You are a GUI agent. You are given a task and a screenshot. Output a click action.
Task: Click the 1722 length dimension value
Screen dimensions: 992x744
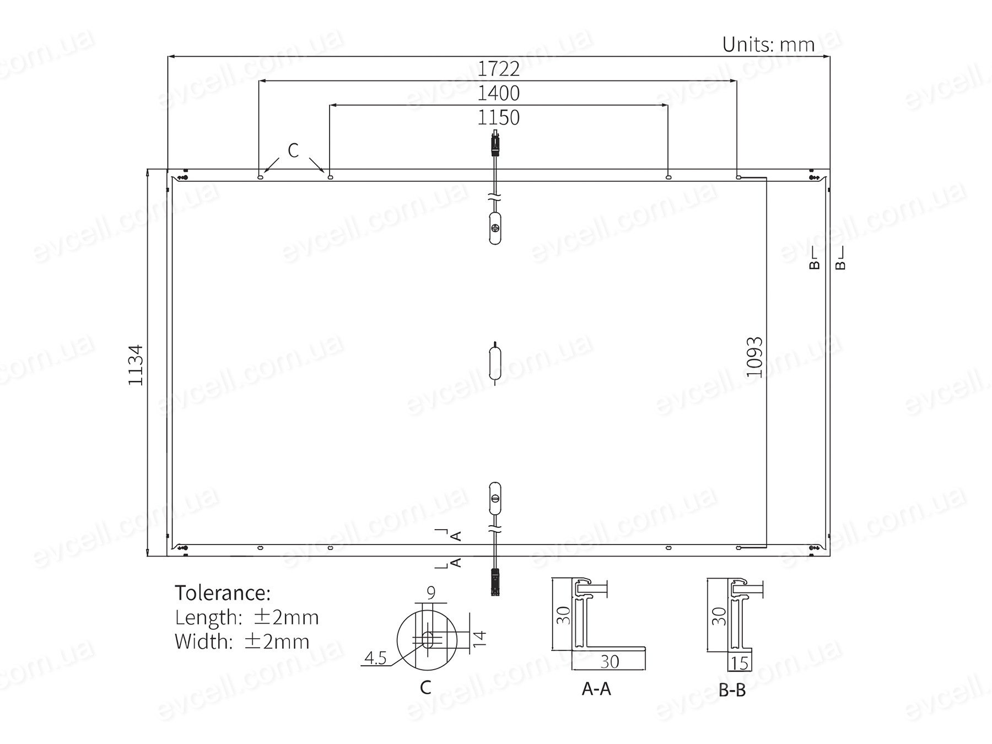[498, 69]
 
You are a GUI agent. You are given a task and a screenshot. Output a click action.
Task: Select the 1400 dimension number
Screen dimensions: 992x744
[498, 93]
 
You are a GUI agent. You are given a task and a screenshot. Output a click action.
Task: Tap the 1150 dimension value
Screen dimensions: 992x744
[498, 117]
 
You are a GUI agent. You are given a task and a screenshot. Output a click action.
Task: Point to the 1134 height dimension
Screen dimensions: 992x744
[136, 365]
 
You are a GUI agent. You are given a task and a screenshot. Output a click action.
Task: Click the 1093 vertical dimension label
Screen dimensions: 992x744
[754, 357]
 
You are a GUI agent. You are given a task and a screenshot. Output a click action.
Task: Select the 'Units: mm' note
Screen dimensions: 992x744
[768, 44]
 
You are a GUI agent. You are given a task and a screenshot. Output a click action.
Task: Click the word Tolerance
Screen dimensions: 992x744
[223, 593]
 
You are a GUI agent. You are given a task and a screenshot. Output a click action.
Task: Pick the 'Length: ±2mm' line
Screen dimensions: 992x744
[247, 618]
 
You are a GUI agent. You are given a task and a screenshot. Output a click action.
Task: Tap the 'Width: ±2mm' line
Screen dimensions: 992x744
[242, 641]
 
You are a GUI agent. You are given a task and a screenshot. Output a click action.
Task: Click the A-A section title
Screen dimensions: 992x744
[596, 689]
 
